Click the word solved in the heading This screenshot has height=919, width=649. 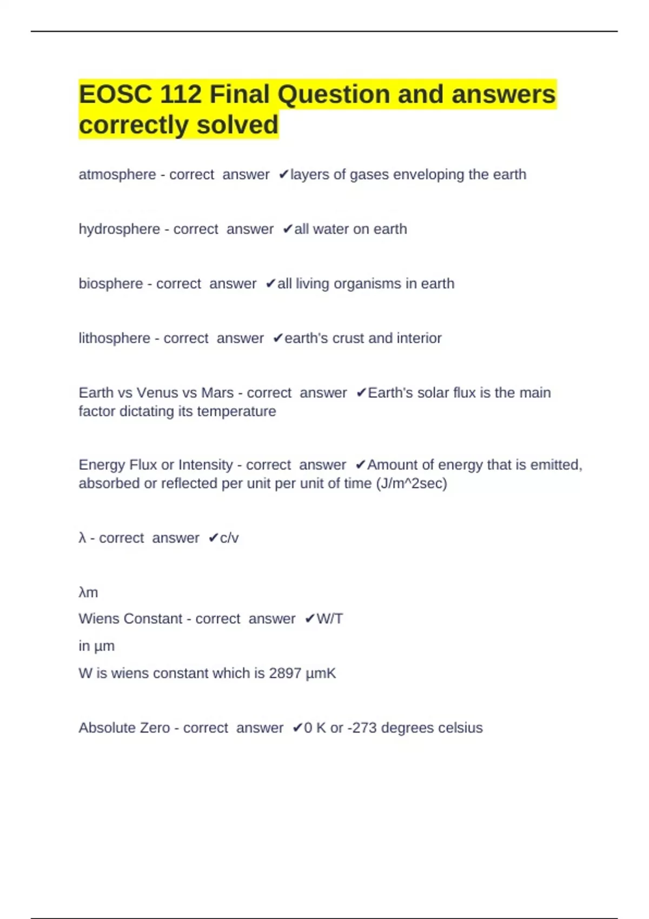(237, 125)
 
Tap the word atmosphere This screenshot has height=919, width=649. (117, 175)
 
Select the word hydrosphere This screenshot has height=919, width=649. (119, 229)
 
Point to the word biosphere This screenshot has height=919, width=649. (110, 284)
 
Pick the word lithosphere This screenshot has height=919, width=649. (114, 338)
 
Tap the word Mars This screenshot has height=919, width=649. (217, 393)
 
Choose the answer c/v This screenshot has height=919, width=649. (229, 538)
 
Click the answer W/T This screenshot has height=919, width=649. (329, 618)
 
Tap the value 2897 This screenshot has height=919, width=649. (285, 673)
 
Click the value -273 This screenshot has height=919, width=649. (362, 728)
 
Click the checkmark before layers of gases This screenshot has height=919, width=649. (284, 175)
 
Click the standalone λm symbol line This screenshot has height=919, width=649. (88, 592)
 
